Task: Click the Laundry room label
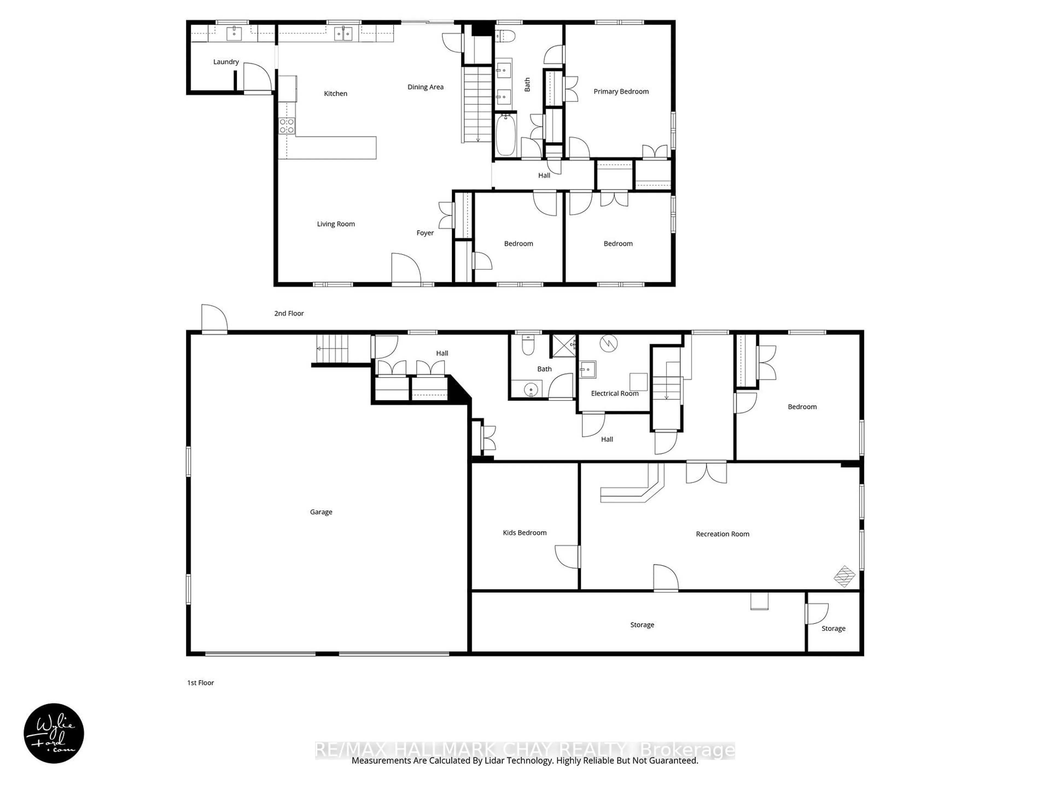coord(226,62)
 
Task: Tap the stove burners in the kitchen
coord(287,126)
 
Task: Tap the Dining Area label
coord(425,87)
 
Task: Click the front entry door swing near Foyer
coord(406,269)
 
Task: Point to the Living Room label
coord(336,224)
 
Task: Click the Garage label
coord(321,512)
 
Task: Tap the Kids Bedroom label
coord(524,533)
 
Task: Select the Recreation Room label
coord(722,534)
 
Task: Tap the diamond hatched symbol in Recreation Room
coord(844,576)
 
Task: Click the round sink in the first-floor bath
coord(530,390)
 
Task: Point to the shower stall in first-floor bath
coord(564,346)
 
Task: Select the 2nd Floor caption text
coord(288,313)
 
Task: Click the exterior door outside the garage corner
coord(214,319)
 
